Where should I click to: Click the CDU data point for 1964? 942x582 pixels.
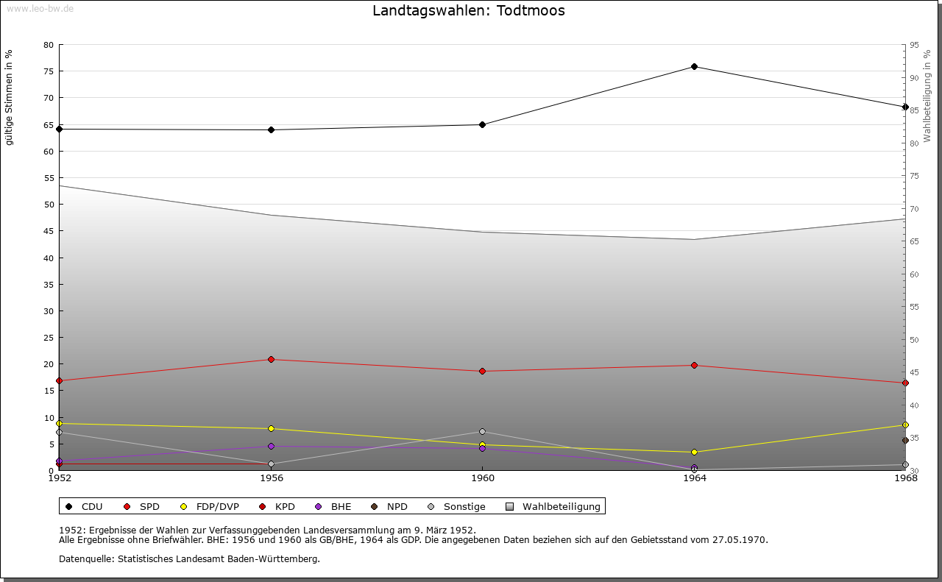[x=694, y=67]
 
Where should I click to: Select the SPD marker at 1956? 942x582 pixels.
[x=271, y=360]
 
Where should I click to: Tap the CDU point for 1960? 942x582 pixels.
[x=482, y=124]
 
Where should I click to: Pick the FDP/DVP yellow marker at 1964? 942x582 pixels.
[x=694, y=453]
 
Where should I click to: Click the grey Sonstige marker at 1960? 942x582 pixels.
[x=482, y=432]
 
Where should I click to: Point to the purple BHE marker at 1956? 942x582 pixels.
[x=271, y=446]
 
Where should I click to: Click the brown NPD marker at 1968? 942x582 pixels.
[x=905, y=441]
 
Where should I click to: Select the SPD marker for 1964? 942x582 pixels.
[x=694, y=366]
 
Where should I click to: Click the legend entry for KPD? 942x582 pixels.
[x=284, y=507]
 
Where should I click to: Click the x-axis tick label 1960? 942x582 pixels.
[x=483, y=478]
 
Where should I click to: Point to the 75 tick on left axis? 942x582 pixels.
[x=49, y=71]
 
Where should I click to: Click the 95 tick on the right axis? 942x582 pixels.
[x=914, y=45]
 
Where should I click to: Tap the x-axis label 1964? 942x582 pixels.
[x=694, y=478]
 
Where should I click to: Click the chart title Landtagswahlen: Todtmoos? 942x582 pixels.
[x=469, y=11]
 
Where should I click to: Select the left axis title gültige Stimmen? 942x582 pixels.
[x=9, y=98]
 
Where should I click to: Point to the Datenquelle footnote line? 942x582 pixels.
[x=189, y=559]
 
